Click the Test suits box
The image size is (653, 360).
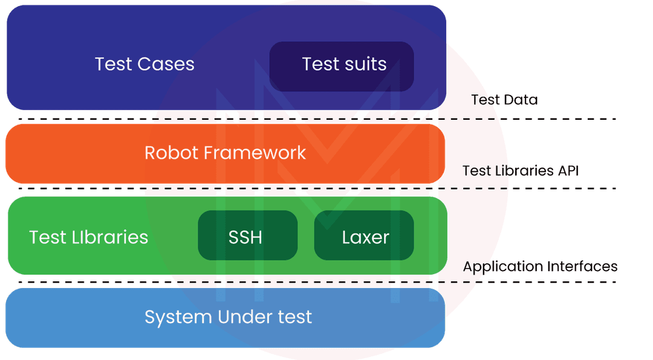tap(342, 65)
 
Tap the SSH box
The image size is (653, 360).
tap(247, 236)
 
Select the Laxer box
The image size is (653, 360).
tap(364, 236)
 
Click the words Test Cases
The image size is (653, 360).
tap(145, 64)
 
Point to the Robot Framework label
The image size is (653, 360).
tap(225, 152)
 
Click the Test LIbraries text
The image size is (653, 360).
tap(88, 237)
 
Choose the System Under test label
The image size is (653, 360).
tap(228, 316)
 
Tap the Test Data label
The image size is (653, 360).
tap(504, 100)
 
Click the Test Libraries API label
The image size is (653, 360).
tap(521, 171)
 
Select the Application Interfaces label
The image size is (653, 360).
tap(540, 266)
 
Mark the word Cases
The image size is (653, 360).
tap(166, 64)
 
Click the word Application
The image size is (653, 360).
tap(503, 267)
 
